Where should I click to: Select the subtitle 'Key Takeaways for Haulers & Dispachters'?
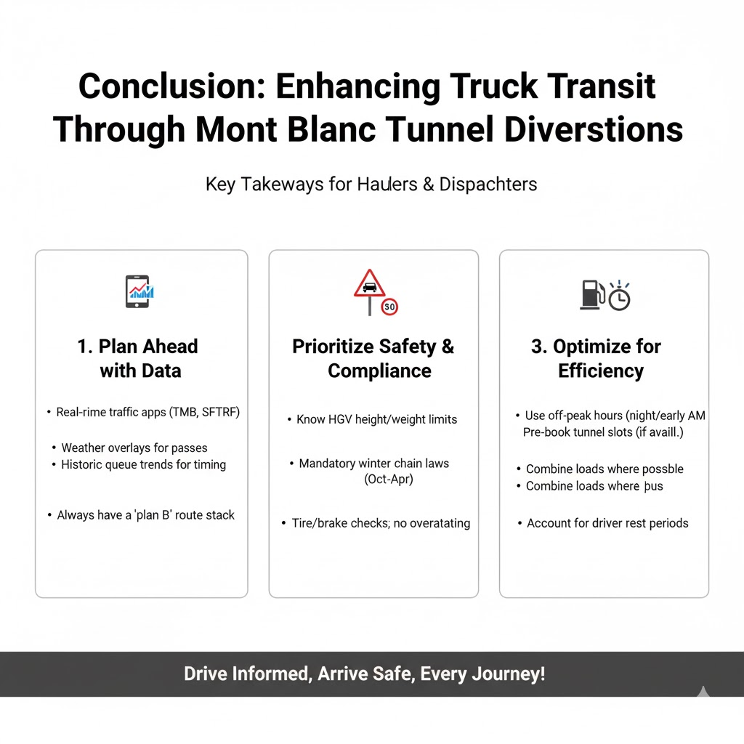[371, 184]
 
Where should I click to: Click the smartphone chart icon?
[139, 291]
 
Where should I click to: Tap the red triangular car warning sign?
[369, 284]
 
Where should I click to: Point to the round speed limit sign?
[390, 307]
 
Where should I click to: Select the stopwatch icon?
[619, 296]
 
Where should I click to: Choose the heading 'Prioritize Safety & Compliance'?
[373, 358]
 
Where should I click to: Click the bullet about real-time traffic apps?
[148, 412]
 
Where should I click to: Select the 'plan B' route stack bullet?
[146, 515]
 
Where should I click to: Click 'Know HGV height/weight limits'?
[376, 419]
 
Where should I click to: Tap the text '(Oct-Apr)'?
[389, 480]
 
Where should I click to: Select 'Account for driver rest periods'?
[607, 523]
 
